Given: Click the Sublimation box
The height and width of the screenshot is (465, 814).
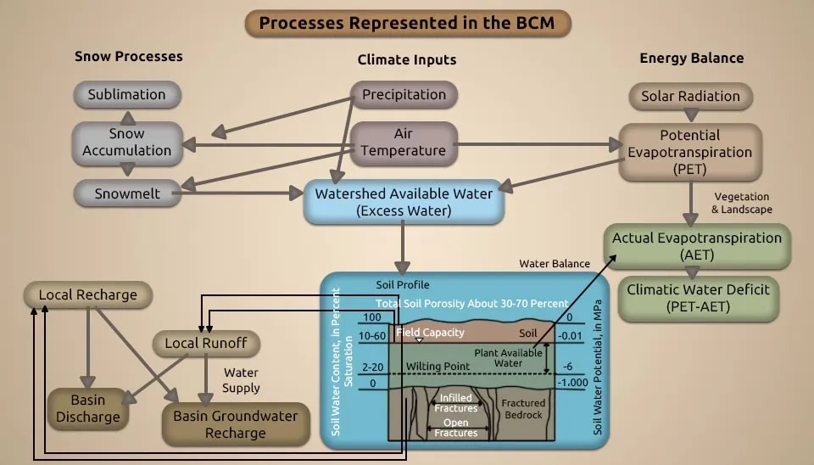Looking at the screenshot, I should coord(126,95).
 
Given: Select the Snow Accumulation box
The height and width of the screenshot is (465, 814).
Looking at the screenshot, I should coord(126,143).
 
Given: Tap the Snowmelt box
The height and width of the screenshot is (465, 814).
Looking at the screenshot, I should coord(126,193).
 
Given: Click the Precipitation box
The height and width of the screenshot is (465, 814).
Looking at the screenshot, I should coord(404,95).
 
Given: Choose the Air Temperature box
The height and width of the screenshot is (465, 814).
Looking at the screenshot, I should coord(404,143).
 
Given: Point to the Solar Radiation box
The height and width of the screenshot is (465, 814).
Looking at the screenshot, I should coord(690,97).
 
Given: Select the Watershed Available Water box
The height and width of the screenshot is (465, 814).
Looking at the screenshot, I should coord(404,202).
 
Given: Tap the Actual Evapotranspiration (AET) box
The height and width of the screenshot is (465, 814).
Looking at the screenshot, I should coord(697,246).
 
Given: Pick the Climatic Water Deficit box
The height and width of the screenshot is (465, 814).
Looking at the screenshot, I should coord(698,297).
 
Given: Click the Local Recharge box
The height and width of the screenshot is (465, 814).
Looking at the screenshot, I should coord(87,295).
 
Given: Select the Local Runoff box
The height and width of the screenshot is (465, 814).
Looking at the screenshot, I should coord(206,344).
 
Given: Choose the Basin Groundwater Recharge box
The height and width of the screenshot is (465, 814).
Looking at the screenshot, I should coord(235,424).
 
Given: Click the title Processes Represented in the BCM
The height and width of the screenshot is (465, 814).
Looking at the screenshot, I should coord(407,23).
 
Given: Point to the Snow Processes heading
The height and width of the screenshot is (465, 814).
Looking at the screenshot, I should coord(128,57).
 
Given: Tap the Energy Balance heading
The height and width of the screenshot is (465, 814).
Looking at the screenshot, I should coord(691,59).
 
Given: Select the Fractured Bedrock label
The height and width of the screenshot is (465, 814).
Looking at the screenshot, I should coord(523,408).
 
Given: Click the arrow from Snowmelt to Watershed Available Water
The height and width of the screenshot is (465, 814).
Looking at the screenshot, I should coord(246,193).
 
